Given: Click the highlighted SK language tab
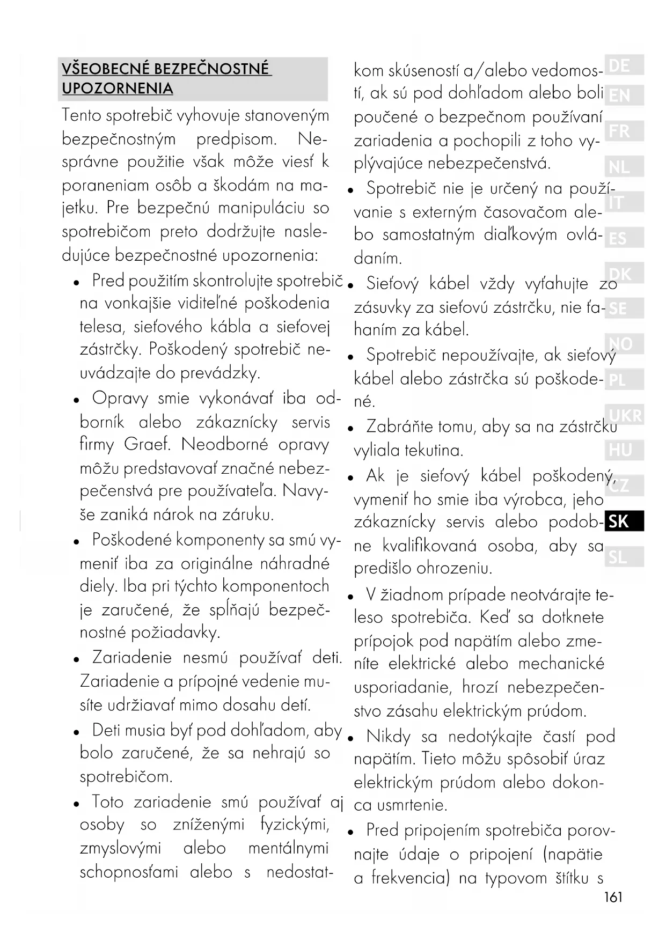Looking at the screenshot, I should tap(623, 521).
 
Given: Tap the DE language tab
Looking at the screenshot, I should tap(623, 65).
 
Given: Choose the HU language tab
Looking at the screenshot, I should tap(623, 450).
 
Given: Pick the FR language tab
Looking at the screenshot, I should tap(623, 131).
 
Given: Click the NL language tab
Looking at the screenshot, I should tap(623, 167).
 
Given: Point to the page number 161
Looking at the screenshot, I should tap(613, 897).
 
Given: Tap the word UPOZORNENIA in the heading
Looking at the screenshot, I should tap(118, 89).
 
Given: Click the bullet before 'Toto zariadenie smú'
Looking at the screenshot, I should tap(77, 804).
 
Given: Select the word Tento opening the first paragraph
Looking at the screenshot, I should tap(82, 115).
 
